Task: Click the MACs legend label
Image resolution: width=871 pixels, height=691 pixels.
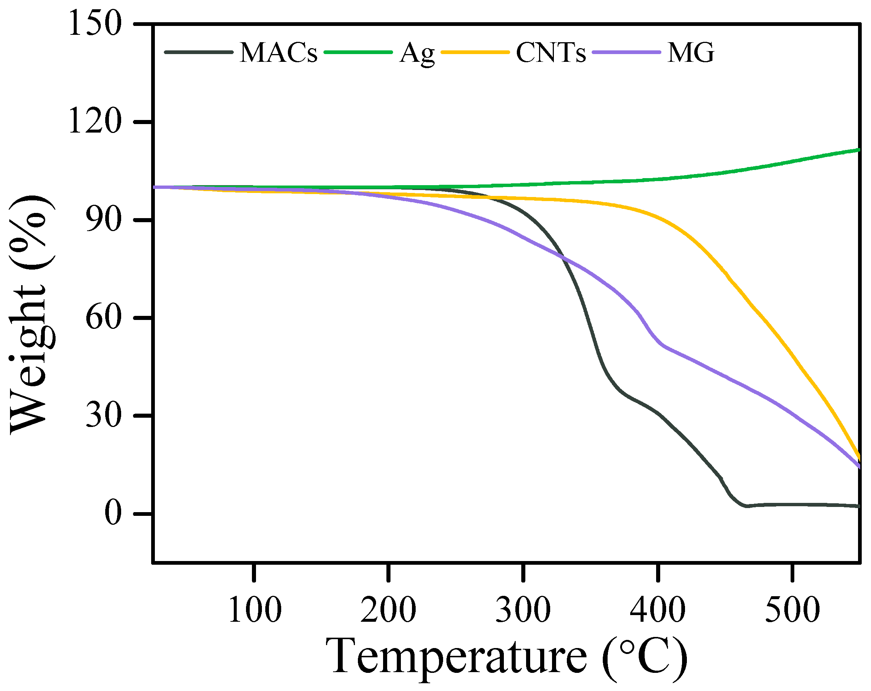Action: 279,53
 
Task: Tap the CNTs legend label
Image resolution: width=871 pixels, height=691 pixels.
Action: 551,53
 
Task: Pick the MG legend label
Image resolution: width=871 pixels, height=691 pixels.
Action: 691,53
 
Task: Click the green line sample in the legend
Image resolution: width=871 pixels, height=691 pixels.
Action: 358,52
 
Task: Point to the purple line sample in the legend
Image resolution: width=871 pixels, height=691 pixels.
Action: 626,52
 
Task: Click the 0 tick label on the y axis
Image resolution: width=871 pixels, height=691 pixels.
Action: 113,513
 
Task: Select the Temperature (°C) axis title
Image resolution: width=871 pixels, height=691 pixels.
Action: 506,657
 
